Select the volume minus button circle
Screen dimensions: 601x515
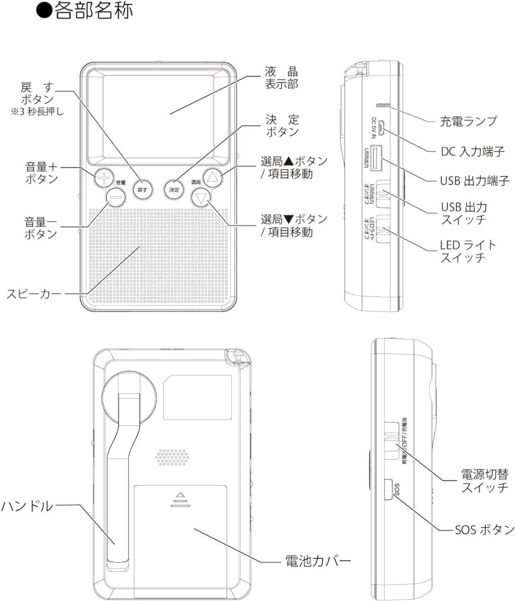pos(115,197)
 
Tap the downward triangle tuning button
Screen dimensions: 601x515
pos(201,198)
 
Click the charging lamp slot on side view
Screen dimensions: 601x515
pos(384,106)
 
